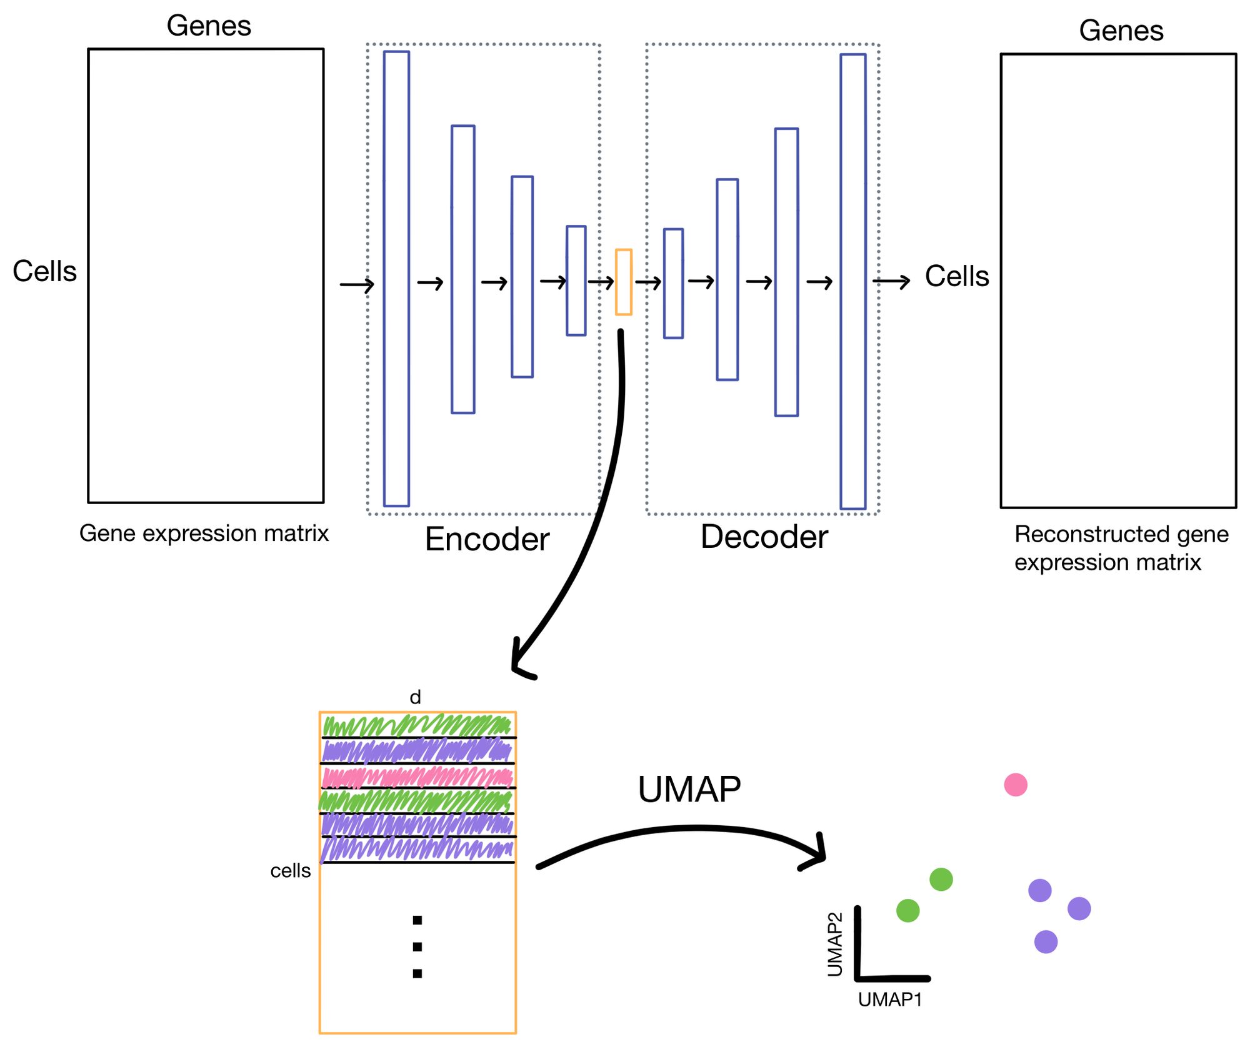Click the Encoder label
[487, 539]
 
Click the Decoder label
[764, 537]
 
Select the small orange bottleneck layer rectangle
[623, 282]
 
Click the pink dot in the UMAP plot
[1016, 784]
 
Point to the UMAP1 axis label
[890, 1000]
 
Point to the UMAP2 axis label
[835, 944]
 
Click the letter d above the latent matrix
[415, 697]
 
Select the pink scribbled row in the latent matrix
[417, 777]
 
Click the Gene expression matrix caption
[204, 533]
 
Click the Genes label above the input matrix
[209, 26]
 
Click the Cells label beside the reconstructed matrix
[957, 276]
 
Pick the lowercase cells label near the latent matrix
[290, 870]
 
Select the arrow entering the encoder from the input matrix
[357, 285]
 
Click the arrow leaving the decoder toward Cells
[892, 282]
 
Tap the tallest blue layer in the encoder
[396, 279]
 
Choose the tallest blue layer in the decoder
[853, 281]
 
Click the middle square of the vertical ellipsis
[417, 946]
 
